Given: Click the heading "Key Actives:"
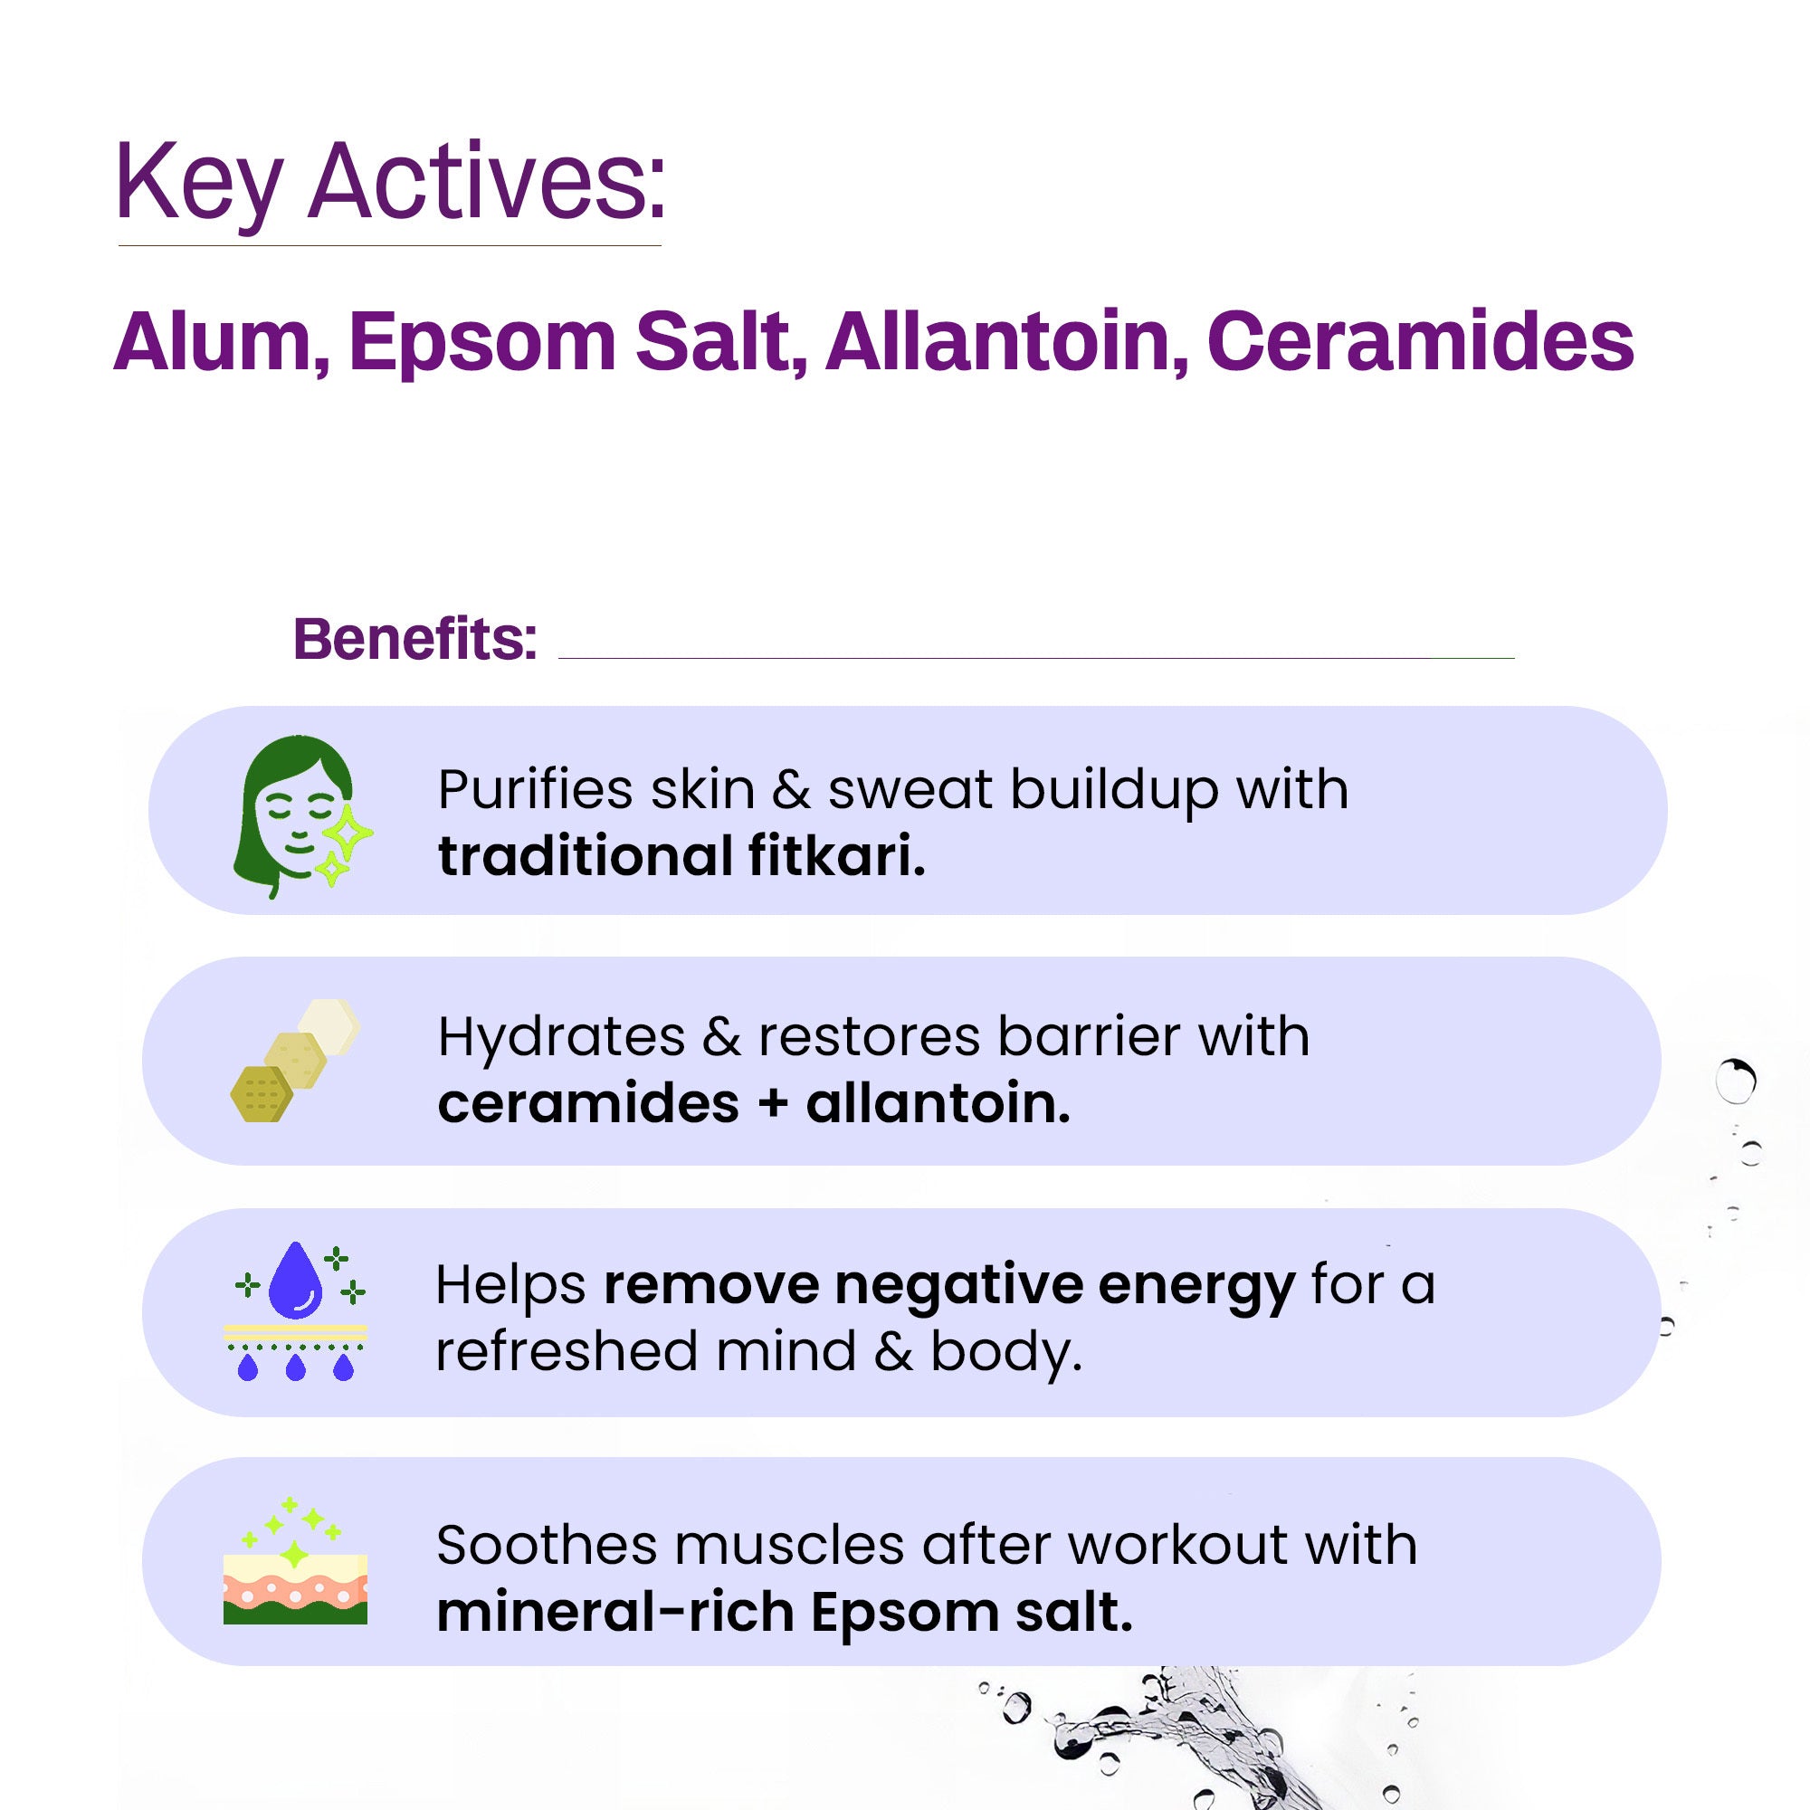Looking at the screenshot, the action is click(x=390, y=183).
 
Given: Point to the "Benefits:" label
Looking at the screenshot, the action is click(x=415, y=639).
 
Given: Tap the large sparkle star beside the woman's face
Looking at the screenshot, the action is click(x=348, y=829).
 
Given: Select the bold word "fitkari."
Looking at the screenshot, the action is click(x=836, y=856).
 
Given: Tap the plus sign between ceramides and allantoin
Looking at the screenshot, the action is click(x=772, y=1103).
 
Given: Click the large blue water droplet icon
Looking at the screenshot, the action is click(x=295, y=1278).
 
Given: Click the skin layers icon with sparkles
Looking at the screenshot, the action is click(x=295, y=1561).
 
